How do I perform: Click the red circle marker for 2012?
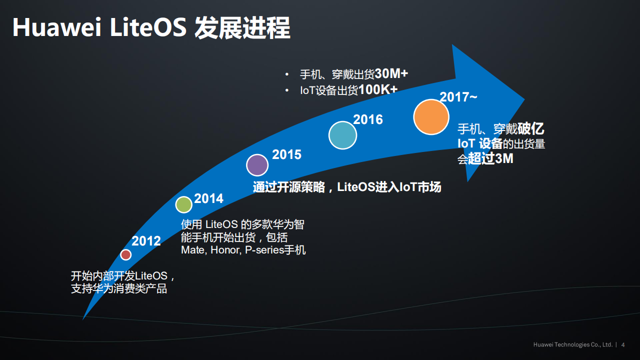coord(126,255)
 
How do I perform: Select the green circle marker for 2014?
coord(184,204)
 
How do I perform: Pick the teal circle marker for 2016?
coord(342,135)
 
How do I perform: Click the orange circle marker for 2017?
coord(431,117)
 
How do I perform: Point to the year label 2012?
coord(146,241)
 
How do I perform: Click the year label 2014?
coord(209,198)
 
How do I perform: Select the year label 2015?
coord(286,154)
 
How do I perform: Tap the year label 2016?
coord(368,119)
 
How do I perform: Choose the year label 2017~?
coord(458,97)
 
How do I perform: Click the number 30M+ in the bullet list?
coord(391,74)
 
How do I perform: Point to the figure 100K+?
coord(378,90)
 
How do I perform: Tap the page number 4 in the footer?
coord(623,345)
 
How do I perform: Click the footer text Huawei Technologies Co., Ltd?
coord(573,345)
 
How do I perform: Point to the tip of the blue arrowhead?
coord(524,98)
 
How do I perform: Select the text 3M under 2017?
coord(504,159)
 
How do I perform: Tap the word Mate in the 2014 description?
coord(192,250)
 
